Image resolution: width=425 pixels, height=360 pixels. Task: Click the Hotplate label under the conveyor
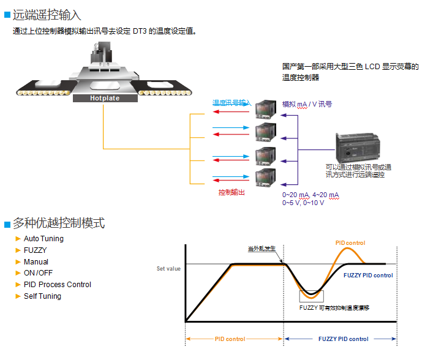[x=105, y=98]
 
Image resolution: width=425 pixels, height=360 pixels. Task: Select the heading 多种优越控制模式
[x=59, y=223]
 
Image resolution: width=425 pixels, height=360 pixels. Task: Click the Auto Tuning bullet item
[x=43, y=239]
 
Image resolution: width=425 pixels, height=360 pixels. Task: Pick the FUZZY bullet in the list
[x=35, y=250]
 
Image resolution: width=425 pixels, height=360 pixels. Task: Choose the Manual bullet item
[x=36, y=262]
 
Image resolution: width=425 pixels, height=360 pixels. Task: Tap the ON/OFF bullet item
[x=38, y=273]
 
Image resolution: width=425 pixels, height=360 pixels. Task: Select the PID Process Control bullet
[x=58, y=285]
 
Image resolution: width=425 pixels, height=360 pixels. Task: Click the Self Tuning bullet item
[x=42, y=296]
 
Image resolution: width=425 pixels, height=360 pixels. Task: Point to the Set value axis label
[x=168, y=269]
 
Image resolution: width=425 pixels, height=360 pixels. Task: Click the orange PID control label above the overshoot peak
[x=350, y=243]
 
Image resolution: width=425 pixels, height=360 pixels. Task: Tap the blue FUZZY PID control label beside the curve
[x=368, y=276]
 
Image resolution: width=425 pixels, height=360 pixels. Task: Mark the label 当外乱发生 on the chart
[x=261, y=249]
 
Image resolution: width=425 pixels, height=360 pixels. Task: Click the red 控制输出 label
[x=232, y=192]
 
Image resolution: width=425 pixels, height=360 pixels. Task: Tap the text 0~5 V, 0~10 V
[x=303, y=203]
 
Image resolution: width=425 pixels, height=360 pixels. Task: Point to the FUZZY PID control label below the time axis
[x=344, y=339]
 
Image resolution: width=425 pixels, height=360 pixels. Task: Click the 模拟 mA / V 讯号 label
[x=307, y=105]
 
